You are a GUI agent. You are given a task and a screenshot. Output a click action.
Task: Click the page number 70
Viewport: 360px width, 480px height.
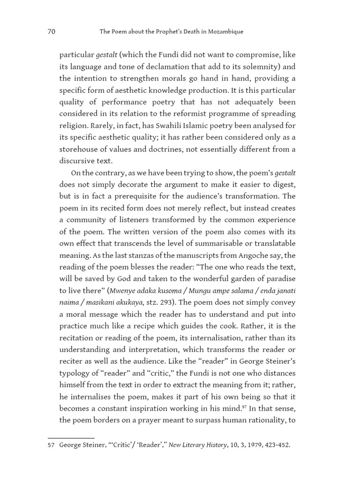pyautogui.click(x=52, y=32)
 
